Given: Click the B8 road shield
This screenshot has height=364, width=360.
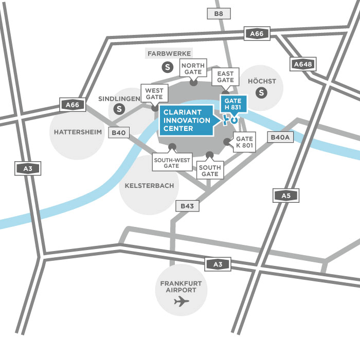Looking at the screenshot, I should pos(219,14).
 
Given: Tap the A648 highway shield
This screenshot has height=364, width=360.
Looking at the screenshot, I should pos(303,64).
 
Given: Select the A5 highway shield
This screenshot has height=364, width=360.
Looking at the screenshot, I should pos(285,195).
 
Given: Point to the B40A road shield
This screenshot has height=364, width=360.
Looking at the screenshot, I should pos(281,138).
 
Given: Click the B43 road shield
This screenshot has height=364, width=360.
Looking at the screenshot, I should pos(187,206).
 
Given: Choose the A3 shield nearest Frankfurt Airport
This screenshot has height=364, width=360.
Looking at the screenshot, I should pos(218,264).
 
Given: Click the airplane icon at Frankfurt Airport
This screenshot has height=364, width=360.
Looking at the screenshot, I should pos(181,301).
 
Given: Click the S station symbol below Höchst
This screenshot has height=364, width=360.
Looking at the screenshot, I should pos(262,92).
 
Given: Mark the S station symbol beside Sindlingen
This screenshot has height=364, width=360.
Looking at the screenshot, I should pos(120,109).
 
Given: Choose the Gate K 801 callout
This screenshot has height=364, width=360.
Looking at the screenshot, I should pos(244,142).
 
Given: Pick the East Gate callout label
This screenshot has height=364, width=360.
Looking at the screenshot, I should pos(225,77).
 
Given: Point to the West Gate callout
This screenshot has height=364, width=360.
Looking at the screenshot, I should pos(154,93).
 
